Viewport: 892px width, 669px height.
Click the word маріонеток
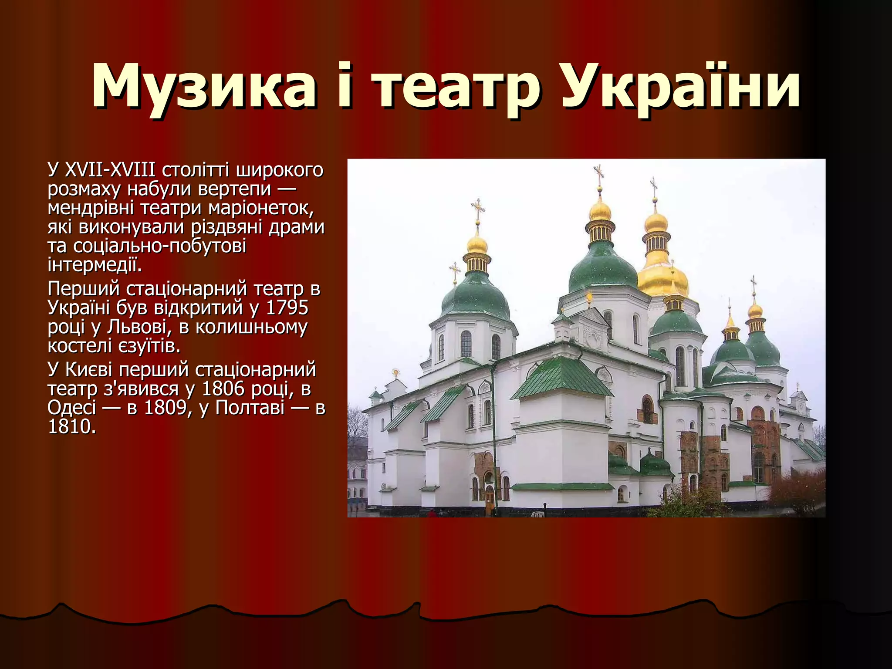coord(260,208)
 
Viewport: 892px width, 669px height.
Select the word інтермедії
coord(95,265)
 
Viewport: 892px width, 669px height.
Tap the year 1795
coord(287,307)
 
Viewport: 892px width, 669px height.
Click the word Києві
coord(88,369)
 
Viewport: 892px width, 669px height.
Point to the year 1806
coord(223,389)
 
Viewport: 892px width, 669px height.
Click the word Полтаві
coord(250,408)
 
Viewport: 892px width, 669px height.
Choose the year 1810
coord(71,427)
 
